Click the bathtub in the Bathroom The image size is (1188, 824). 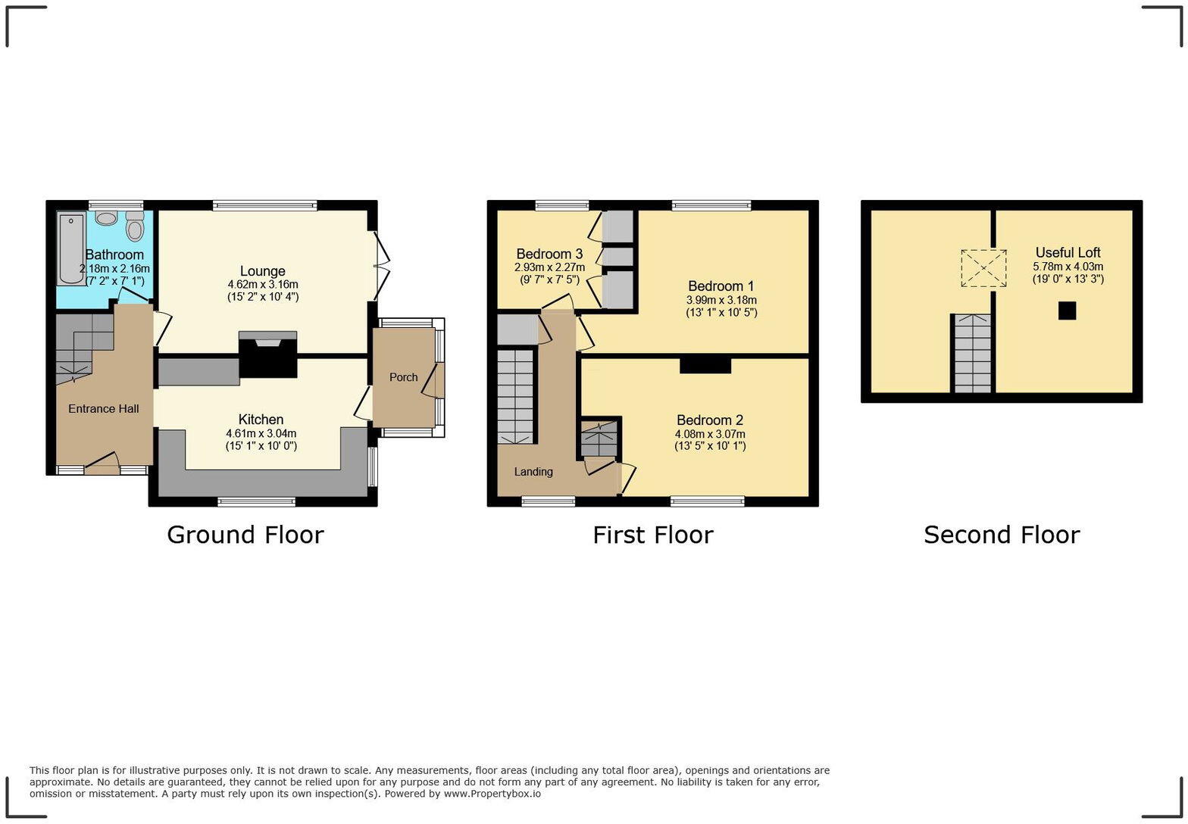coord(71,248)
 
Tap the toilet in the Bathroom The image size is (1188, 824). coord(135,226)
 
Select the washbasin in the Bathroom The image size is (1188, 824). coord(107,218)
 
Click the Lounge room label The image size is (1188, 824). coord(262,271)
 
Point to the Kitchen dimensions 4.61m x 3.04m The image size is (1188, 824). coord(261,434)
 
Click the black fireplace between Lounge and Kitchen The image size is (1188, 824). coord(267,355)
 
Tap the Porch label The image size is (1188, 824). coord(403,377)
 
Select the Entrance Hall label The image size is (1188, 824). coord(103,409)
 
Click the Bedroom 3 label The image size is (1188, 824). coord(549,254)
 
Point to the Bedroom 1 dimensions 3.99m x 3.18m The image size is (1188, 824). coord(721,300)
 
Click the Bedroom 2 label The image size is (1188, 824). coord(710,420)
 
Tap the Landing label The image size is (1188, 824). coord(533,472)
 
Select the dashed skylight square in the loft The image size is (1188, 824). coord(983,268)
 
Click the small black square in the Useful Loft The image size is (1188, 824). coord(1067,311)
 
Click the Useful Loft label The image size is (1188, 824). coord(1068,253)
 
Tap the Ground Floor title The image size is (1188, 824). coord(245,535)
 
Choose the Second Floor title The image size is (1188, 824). coord(1001,535)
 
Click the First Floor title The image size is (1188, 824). coord(652,535)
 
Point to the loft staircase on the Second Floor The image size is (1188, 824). coord(972,354)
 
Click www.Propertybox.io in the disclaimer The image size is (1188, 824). coord(492,794)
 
